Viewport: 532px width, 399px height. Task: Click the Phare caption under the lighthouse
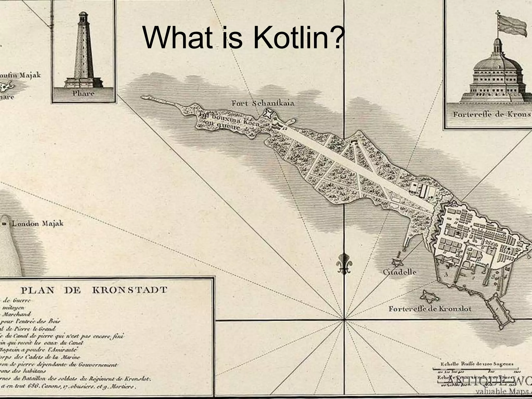[83, 93]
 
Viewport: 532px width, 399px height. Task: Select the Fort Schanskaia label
[263, 103]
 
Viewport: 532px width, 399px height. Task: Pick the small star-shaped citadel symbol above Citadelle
[397, 262]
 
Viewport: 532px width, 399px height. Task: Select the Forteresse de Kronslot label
[430, 309]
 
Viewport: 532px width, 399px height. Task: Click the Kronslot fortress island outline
[430, 296]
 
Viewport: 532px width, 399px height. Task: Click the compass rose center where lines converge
[344, 320]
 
